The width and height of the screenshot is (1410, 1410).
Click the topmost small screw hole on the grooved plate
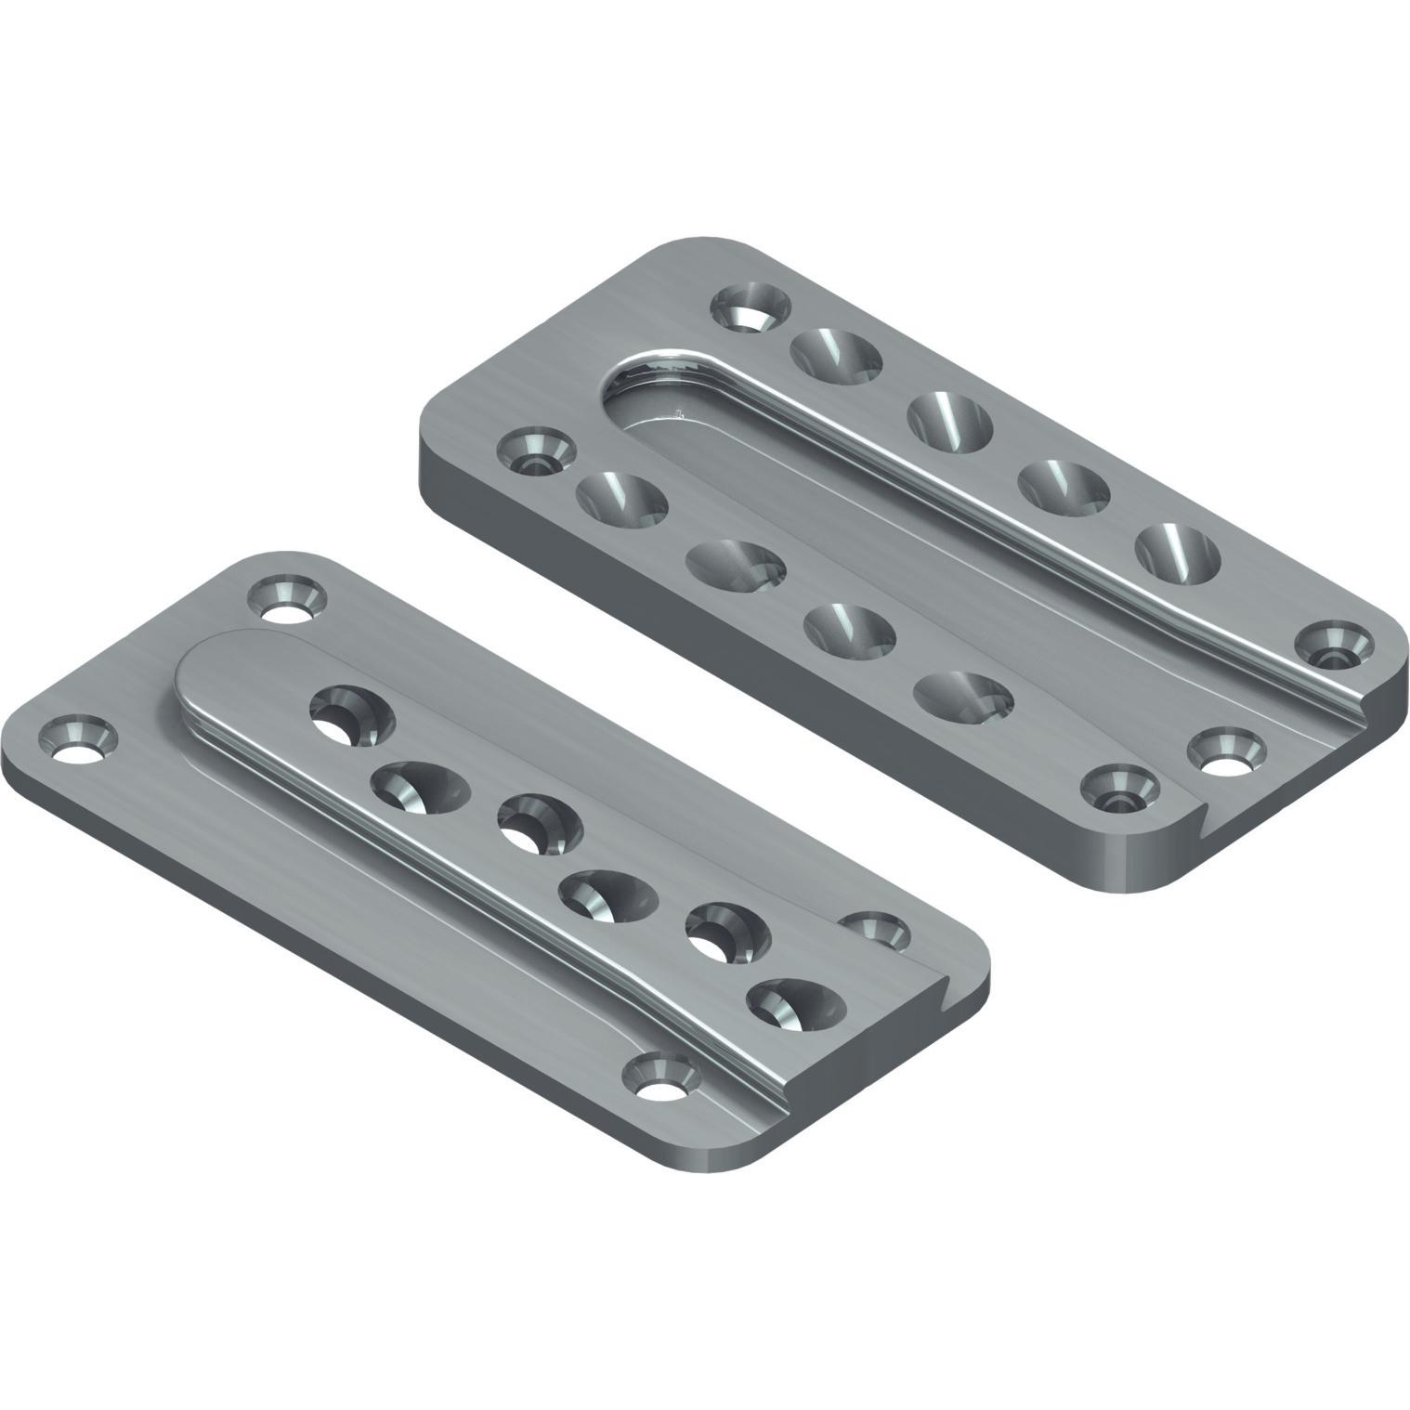751,307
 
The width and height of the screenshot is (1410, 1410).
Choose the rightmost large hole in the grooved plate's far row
1178,554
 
